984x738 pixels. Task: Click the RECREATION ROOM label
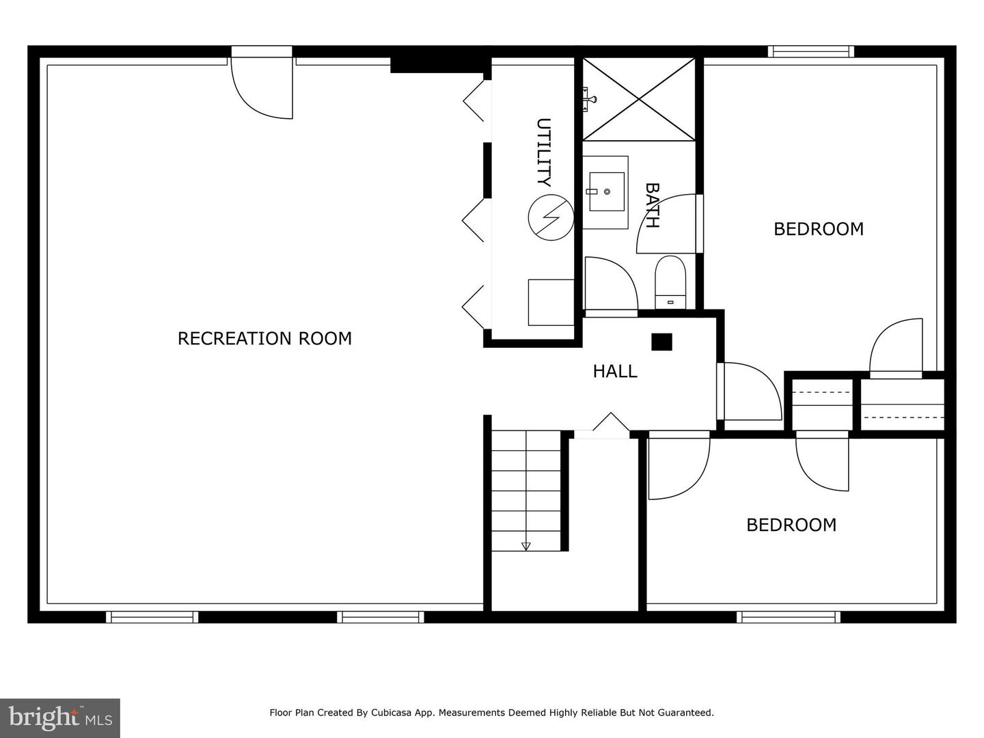264,338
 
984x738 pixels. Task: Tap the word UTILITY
544,152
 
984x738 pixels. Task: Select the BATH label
652,206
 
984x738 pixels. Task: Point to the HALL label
614,372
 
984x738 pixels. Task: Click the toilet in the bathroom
670,282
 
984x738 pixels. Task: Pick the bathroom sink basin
607,192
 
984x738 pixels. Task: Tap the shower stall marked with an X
638,99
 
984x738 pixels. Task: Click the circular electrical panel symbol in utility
551,217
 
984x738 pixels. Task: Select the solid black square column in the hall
661,342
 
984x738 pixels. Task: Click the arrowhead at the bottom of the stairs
526,546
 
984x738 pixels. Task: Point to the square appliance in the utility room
551,303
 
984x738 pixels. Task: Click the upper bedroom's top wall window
811,51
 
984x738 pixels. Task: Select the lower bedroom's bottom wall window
789,617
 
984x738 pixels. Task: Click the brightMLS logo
60,717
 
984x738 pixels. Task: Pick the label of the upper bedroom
819,229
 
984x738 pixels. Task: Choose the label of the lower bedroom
791,525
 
